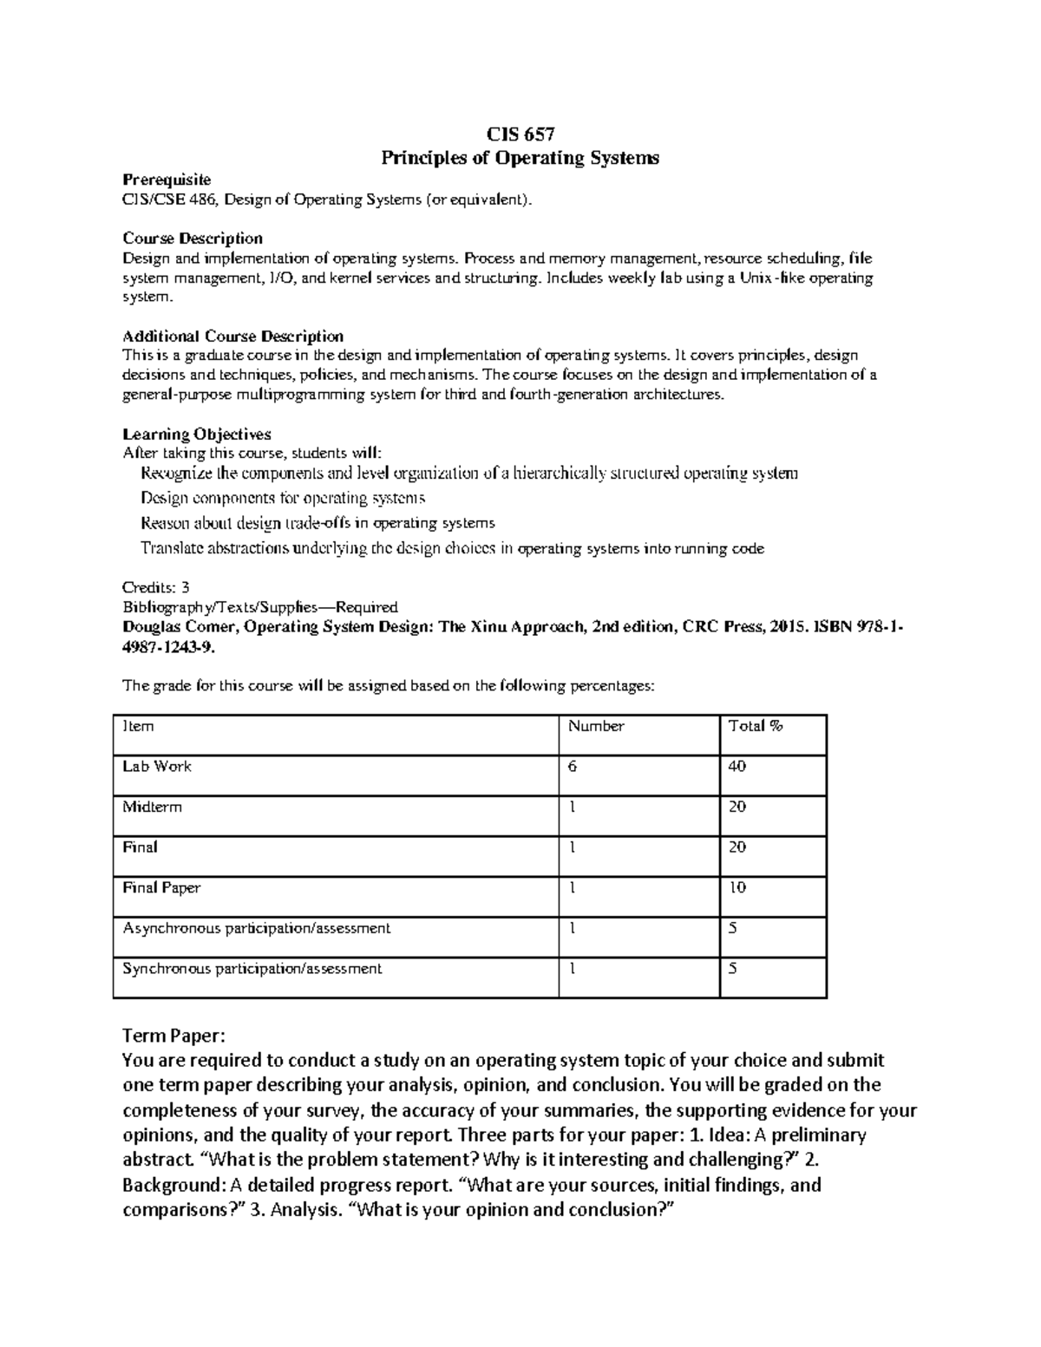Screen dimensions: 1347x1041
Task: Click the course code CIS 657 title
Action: pos(520,134)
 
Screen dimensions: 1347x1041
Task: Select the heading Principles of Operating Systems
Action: pos(520,158)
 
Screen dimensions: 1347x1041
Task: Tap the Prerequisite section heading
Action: pos(167,180)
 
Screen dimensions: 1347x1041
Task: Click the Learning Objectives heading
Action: pos(197,434)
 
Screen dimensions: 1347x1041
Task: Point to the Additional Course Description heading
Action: pos(232,336)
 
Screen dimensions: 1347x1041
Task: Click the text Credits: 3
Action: pos(156,587)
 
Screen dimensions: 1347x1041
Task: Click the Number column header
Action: pos(596,727)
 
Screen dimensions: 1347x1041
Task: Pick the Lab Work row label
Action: pos(157,767)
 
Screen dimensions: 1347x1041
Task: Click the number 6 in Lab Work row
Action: pos(573,767)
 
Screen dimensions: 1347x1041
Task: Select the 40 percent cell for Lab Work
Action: pos(737,767)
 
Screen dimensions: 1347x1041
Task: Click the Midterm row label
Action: pos(153,808)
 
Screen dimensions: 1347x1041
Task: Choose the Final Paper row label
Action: pos(161,888)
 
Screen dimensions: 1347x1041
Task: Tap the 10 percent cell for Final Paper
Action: pos(737,888)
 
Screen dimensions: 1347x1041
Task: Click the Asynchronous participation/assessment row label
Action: pos(257,929)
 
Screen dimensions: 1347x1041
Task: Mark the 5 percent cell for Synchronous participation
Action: pos(733,969)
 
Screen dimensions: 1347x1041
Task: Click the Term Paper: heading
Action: pos(173,1036)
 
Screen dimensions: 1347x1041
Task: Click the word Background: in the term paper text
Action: pos(173,1185)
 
